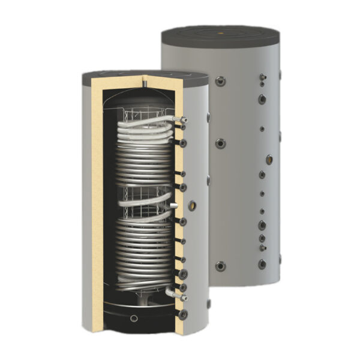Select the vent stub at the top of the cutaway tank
(146, 79)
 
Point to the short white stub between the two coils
(173, 205)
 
